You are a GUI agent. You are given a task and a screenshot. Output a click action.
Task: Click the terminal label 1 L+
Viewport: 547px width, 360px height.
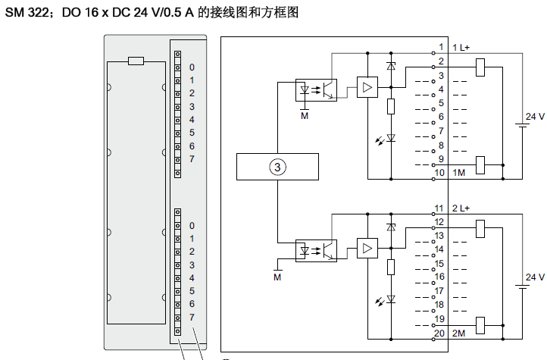(x=461, y=48)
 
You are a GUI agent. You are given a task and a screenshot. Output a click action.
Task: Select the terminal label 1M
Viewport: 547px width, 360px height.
(x=458, y=173)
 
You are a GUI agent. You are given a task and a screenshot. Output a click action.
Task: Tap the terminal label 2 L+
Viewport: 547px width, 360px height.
(x=461, y=208)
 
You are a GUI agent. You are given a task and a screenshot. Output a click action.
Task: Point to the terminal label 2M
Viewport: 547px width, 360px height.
(x=458, y=333)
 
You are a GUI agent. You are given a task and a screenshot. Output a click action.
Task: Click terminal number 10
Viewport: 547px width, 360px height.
(x=439, y=173)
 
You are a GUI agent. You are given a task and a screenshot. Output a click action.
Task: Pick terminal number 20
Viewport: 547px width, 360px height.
(x=439, y=333)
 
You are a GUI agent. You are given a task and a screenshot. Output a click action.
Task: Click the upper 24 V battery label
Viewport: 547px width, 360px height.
(x=535, y=116)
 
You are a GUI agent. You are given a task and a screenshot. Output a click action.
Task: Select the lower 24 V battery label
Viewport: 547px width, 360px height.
(x=535, y=277)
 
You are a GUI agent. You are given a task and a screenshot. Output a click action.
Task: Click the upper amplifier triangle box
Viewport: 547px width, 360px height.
(x=367, y=88)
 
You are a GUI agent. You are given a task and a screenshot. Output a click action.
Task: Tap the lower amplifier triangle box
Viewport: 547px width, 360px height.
(x=367, y=249)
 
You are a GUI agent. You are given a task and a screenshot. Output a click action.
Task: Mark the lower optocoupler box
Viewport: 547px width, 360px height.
(x=316, y=249)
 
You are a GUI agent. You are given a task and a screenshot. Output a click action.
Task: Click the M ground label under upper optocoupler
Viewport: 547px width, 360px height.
(x=305, y=116)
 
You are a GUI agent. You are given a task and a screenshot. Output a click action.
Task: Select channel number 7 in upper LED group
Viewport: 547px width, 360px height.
(x=192, y=159)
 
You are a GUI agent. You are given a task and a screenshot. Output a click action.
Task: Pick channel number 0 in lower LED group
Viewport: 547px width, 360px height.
(x=192, y=225)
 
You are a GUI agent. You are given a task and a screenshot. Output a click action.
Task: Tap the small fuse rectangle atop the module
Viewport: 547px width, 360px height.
(x=136, y=61)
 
